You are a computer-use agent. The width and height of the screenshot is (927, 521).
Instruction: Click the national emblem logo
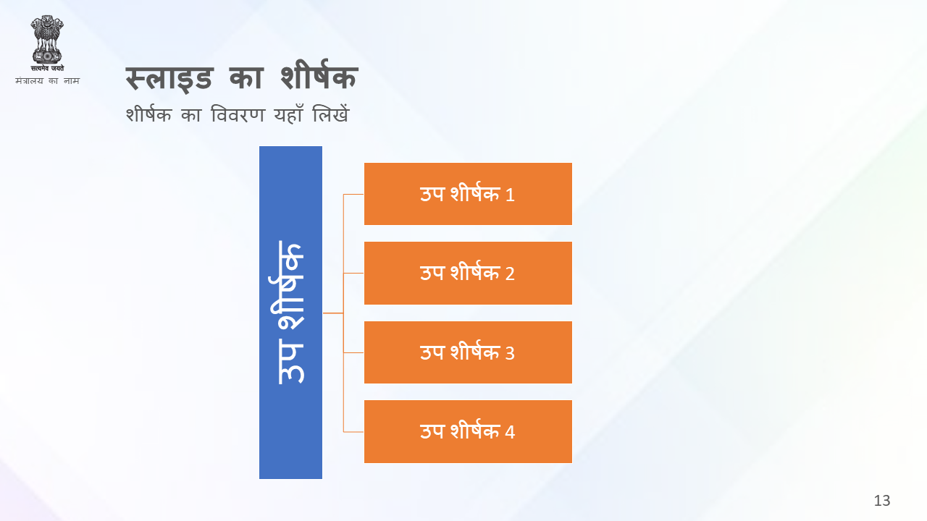pyautogui.click(x=47, y=43)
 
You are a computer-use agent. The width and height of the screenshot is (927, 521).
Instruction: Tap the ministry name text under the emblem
pyautogui.click(x=47, y=80)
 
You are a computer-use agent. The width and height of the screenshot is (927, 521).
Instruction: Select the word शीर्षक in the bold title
pyautogui.click(x=319, y=75)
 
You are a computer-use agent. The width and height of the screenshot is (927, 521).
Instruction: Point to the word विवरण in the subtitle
pyautogui.click(x=238, y=114)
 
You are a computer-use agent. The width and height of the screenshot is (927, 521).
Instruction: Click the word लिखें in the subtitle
pyautogui.click(x=331, y=114)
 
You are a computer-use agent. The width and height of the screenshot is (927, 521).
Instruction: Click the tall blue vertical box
pyautogui.click(x=290, y=313)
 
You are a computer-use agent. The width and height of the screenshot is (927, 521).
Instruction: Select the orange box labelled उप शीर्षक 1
pyautogui.click(x=468, y=194)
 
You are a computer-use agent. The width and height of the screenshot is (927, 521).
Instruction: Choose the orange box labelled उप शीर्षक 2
pyautogui.click(x=468, y=273)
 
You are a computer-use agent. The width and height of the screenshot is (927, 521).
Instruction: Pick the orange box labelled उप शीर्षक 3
pyautogui.click(x=468, y=352)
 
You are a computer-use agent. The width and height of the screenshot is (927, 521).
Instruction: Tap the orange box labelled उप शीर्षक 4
pyautogui.click(x=468, y=432)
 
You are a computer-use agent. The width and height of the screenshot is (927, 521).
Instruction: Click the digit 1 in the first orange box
pyautogui.click(x=510, y=195)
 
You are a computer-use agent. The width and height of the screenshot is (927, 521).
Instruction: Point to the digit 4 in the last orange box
pyautogui.click(x=510, y=433)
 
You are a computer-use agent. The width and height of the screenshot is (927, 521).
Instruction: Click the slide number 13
pyautogui.click(x=882, y=501)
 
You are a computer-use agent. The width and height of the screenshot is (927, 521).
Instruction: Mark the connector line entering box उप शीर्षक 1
pyautogui.click(x=353, y=194)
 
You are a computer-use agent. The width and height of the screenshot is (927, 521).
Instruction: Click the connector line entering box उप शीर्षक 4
pyautogui.click(x=353, y=432)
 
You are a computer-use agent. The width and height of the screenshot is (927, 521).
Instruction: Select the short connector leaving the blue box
pyautogui.click(x=333, y=313)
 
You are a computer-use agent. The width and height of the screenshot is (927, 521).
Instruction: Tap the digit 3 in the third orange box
pyautogui.click(x=510, y=354)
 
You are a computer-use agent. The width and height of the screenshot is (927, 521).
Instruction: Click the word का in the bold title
pyautogui.click(x=246, y=77)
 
